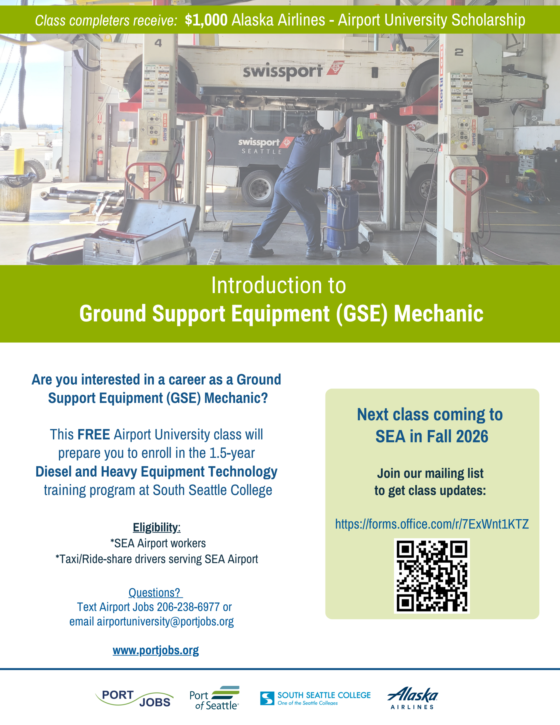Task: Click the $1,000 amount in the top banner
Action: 206,20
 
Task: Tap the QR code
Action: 431,576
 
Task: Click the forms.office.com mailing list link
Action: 432,524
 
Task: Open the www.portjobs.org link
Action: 156,650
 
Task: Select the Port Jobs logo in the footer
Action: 134,698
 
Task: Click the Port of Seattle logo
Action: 214,698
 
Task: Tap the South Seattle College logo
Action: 315,698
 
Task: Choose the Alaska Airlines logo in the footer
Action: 412,698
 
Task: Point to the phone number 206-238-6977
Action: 188,607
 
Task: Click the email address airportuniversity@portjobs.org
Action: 165,621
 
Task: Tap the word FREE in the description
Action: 94,434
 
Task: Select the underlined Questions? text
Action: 155,592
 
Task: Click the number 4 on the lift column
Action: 158,43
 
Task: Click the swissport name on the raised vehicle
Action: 283,72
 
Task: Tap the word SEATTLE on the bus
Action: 262,152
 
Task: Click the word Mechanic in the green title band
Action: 439,314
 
